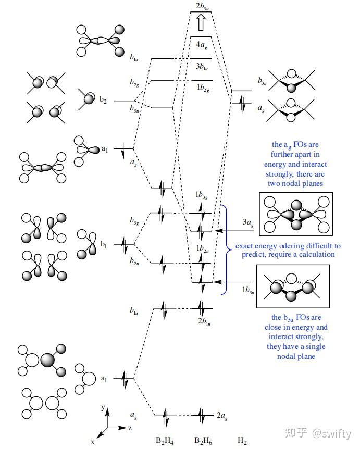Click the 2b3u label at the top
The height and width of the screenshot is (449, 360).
click(x=203, y=6)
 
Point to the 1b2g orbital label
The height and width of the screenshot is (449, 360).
click(x=202, y=89)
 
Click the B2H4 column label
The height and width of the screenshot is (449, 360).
click(x=165, y=441)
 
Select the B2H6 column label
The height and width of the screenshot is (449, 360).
click(x=203, y=441)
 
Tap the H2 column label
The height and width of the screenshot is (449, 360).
click(x=242, y=441)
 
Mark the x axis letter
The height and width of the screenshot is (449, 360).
click(x=92, y=441)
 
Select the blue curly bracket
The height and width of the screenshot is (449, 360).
click(x=225, y=250)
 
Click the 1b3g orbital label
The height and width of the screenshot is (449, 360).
click(x=201, y=196)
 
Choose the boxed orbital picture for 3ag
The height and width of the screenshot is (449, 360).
click(x=295, y=214)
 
